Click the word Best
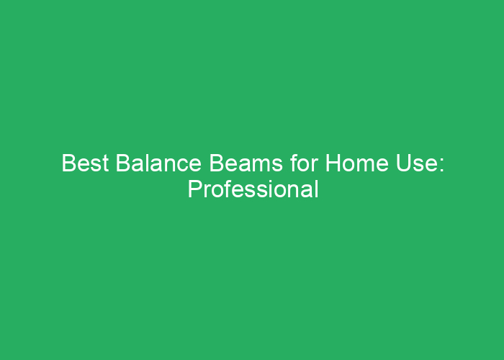[x=85, y=163]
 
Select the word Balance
[x=158, y=163]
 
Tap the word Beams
[x=246, y=163]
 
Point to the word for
[x=304, y=163]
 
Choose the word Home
[x=357, y=163]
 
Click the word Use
[x=415, y=163]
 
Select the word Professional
[x=253, y=189]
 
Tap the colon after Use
[x=441, y=166]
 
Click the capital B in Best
[x=68, y=163]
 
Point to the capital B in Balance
[x=122, y=163]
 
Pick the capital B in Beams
[x=216, y=163]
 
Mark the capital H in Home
[x=333, y=163]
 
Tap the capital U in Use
[x=403, y=163]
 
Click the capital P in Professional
[x=195, y=189]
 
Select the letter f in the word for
[x=294, y=163]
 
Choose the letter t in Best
[x=105, y=164]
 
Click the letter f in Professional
[x=228, y=189]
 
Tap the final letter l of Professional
[x=317, y=189]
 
